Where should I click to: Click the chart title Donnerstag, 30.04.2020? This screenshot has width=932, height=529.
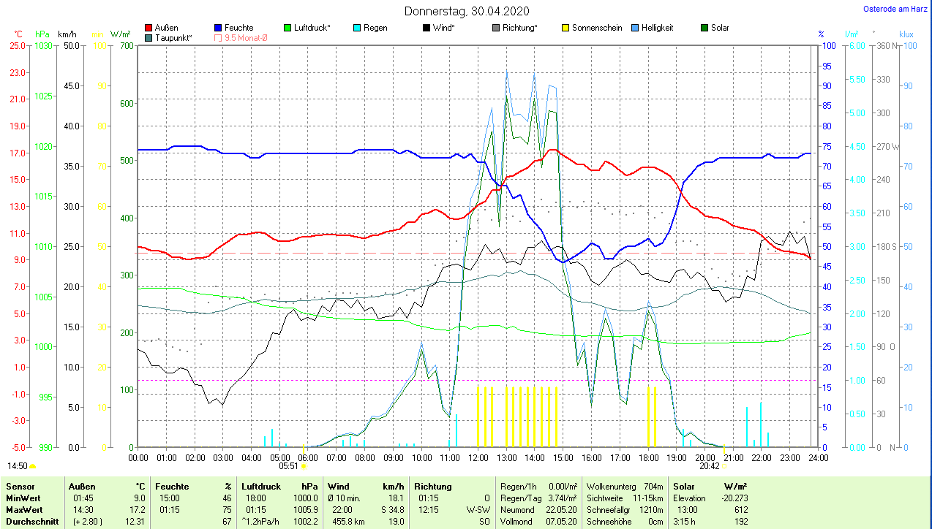coord(467,11)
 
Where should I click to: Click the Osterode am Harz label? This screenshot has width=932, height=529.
coord(895,9)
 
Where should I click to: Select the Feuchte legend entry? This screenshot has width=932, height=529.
coord(238,28)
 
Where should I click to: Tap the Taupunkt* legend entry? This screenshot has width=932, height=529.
coord(173,37)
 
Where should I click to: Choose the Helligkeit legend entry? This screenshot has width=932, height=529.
coord(657,28)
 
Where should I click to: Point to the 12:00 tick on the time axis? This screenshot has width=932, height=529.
coord(478,458)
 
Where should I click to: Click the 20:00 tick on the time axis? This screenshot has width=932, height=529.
coord(704,458)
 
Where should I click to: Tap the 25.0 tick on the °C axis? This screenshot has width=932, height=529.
coord(17,46)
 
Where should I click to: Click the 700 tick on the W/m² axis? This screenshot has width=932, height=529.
coord(127,46)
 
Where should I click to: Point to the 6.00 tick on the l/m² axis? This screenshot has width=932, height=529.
coord(855,46)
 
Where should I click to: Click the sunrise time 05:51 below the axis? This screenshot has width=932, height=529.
coord(288,465)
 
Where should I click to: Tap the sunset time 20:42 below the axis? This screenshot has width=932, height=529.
coord(708,465)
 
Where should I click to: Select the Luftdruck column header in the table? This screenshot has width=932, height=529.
coord(261,486)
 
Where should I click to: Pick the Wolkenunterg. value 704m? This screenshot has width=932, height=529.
coord(653,486)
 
